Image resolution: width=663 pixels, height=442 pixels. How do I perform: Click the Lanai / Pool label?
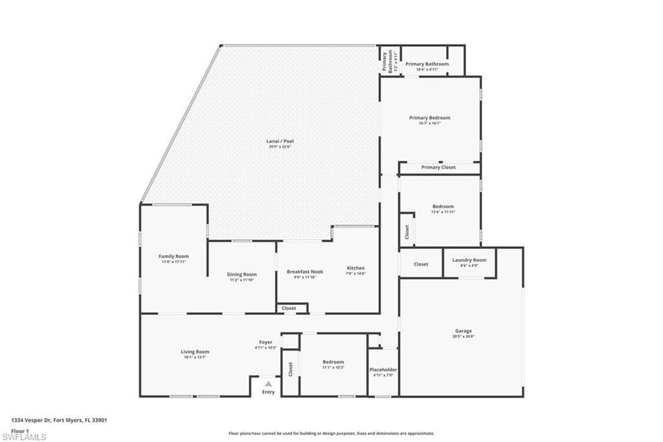click(x=277, y=141)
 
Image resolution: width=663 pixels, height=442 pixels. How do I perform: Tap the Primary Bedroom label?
click(x=429, y=118)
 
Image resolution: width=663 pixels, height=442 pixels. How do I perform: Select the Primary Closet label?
click(x=438, y=167)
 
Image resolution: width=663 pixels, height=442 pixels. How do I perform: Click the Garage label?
click(x=462, y=331)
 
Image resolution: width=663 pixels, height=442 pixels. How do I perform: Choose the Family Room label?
click(x=174, y=256)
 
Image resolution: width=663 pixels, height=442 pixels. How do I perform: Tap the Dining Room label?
click(x=242, y=274)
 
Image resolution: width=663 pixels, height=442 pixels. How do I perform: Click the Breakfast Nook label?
click(x=305, y=272)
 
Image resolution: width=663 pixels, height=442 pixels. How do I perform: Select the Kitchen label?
click(x=355, y=268)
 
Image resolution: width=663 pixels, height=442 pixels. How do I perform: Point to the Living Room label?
click(x=195, y=352)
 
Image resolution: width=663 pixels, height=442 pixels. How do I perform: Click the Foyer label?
click(x=265, y=342)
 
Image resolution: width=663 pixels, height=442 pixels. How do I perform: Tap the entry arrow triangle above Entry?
click(x=268, y=384)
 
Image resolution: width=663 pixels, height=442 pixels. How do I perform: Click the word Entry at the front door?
click(x=268, y=392)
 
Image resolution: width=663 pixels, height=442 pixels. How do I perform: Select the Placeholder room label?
click(x=383, y=369)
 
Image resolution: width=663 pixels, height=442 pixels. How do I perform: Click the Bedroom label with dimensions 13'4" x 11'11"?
click(x=443, y=206)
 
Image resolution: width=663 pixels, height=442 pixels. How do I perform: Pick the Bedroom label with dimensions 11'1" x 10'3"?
click(x=333, y=362)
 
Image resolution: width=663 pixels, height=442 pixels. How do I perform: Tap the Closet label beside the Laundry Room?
click(x=421, y=264)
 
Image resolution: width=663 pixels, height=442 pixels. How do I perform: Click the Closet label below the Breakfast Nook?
click(x=289, y=308)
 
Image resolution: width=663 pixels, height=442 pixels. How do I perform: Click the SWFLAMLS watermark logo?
click(x=24, y=437)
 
